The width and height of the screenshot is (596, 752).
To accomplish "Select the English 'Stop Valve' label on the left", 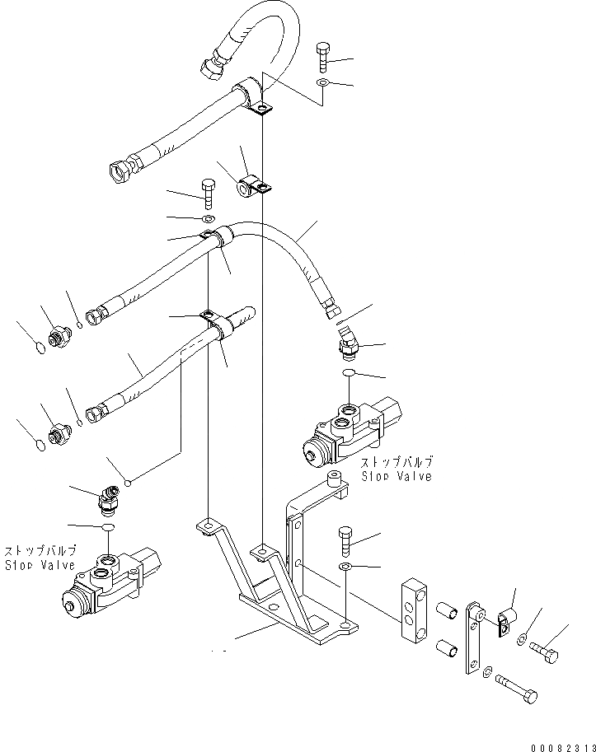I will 40,565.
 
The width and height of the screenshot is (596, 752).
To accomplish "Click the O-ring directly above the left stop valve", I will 107,528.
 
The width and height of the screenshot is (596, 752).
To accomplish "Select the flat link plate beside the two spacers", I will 473,638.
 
